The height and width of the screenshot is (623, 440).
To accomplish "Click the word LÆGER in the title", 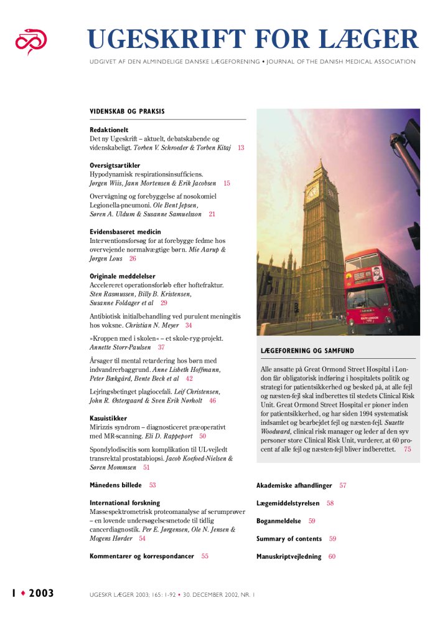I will pyautogui.click(x=368, y=39).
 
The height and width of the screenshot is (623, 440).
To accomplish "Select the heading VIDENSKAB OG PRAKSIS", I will pyautogui.click(x=127, y=112).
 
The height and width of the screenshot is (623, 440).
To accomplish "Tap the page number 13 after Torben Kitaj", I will pyautogui.click(x=241, y=148).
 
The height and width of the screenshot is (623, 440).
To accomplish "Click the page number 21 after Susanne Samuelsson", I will pyautogui.click(x=212, y=214).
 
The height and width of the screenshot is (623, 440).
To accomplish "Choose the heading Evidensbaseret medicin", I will pyautogui.click(x=125, y=232).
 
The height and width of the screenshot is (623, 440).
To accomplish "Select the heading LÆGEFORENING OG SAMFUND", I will pyautogui.click(x=311, y=351).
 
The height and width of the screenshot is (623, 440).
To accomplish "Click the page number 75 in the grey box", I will pyautogui.click(x=407, y=449).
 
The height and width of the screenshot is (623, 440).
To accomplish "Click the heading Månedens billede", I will pyautogui.click(x=116, y=485).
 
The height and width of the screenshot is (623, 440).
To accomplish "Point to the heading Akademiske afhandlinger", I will pyautogui.click(x=294, y=485).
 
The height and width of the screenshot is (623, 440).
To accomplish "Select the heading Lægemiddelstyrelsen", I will pyautogui.click(x=288, y=503).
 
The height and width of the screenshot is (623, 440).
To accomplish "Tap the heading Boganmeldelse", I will pyautogui.click(x=279, y=521).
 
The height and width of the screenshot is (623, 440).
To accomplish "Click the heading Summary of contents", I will pyautogui.click(x=289, y=538).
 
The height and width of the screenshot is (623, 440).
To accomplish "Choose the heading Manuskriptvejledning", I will pyautogui.click(x=289, y=556).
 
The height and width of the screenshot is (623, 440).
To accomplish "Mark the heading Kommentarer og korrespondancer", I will pyautogui.click(x=142, y=556).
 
